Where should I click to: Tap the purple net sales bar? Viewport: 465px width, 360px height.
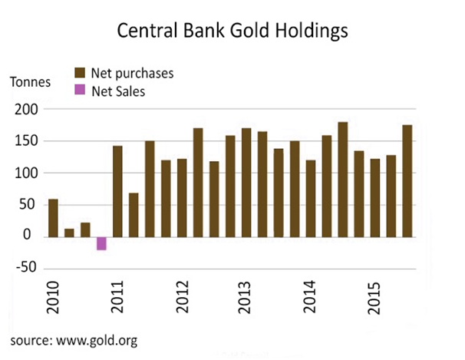tap(101, 243)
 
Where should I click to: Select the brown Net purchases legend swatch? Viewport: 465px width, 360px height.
tap(79, 74)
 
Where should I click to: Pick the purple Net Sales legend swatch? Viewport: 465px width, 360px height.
tap(79, 91)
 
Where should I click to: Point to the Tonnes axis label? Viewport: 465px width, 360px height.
tap(30, 81)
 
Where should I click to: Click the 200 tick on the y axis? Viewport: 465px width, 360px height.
tap(28, 110)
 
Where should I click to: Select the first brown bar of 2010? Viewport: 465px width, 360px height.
tap(53, 217)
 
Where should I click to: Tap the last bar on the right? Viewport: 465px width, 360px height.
tap(407, 180)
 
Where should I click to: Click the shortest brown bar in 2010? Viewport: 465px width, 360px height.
tap(69, 232)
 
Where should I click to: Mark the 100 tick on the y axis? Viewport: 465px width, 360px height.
tap(28, 173)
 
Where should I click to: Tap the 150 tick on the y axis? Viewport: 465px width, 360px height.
tap(28, 141)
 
